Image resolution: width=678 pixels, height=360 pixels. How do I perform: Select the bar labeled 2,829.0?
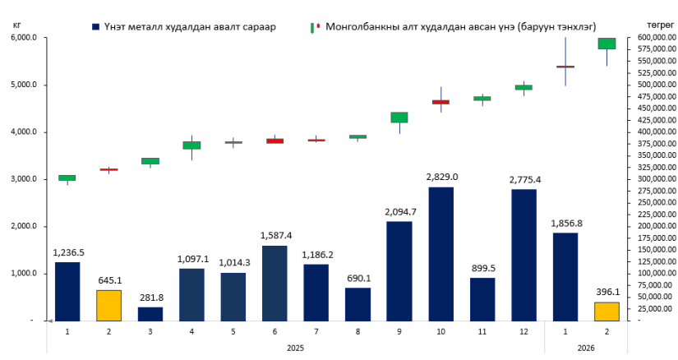pos(440,254)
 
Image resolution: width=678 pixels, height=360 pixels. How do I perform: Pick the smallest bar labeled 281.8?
pos(150,313)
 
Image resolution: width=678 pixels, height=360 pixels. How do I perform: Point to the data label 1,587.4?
pos(274,235)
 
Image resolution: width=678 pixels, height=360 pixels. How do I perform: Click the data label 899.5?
pos(482,268)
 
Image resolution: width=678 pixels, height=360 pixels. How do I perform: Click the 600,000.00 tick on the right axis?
pos(653,38)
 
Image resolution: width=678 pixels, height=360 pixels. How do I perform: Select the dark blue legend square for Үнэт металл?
pos(96,27)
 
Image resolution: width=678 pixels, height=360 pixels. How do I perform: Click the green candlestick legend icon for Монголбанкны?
pos(314,27)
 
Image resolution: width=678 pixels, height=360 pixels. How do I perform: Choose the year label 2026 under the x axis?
pos(586,348)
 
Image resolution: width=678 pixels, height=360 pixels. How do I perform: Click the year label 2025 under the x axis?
pos(295,348)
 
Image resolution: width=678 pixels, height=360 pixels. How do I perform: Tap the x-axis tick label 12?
pos(523,331)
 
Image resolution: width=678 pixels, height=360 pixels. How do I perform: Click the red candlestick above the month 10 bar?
pos(440,102)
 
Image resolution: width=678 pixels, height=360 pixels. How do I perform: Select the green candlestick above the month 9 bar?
pos(399,118)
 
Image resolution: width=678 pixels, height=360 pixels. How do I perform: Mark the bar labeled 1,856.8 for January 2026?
pos(565,276)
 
